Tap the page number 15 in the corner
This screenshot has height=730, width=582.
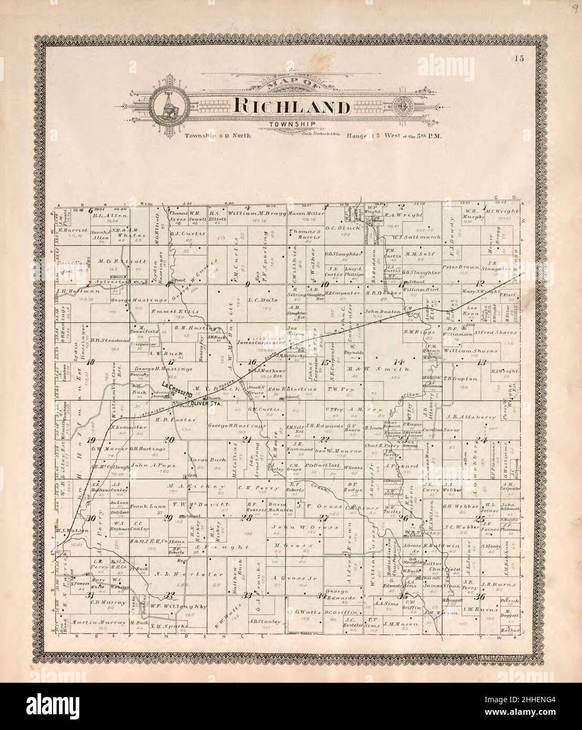click(x=519, y=58)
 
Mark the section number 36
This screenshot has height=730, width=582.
click(x=479, y=597)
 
